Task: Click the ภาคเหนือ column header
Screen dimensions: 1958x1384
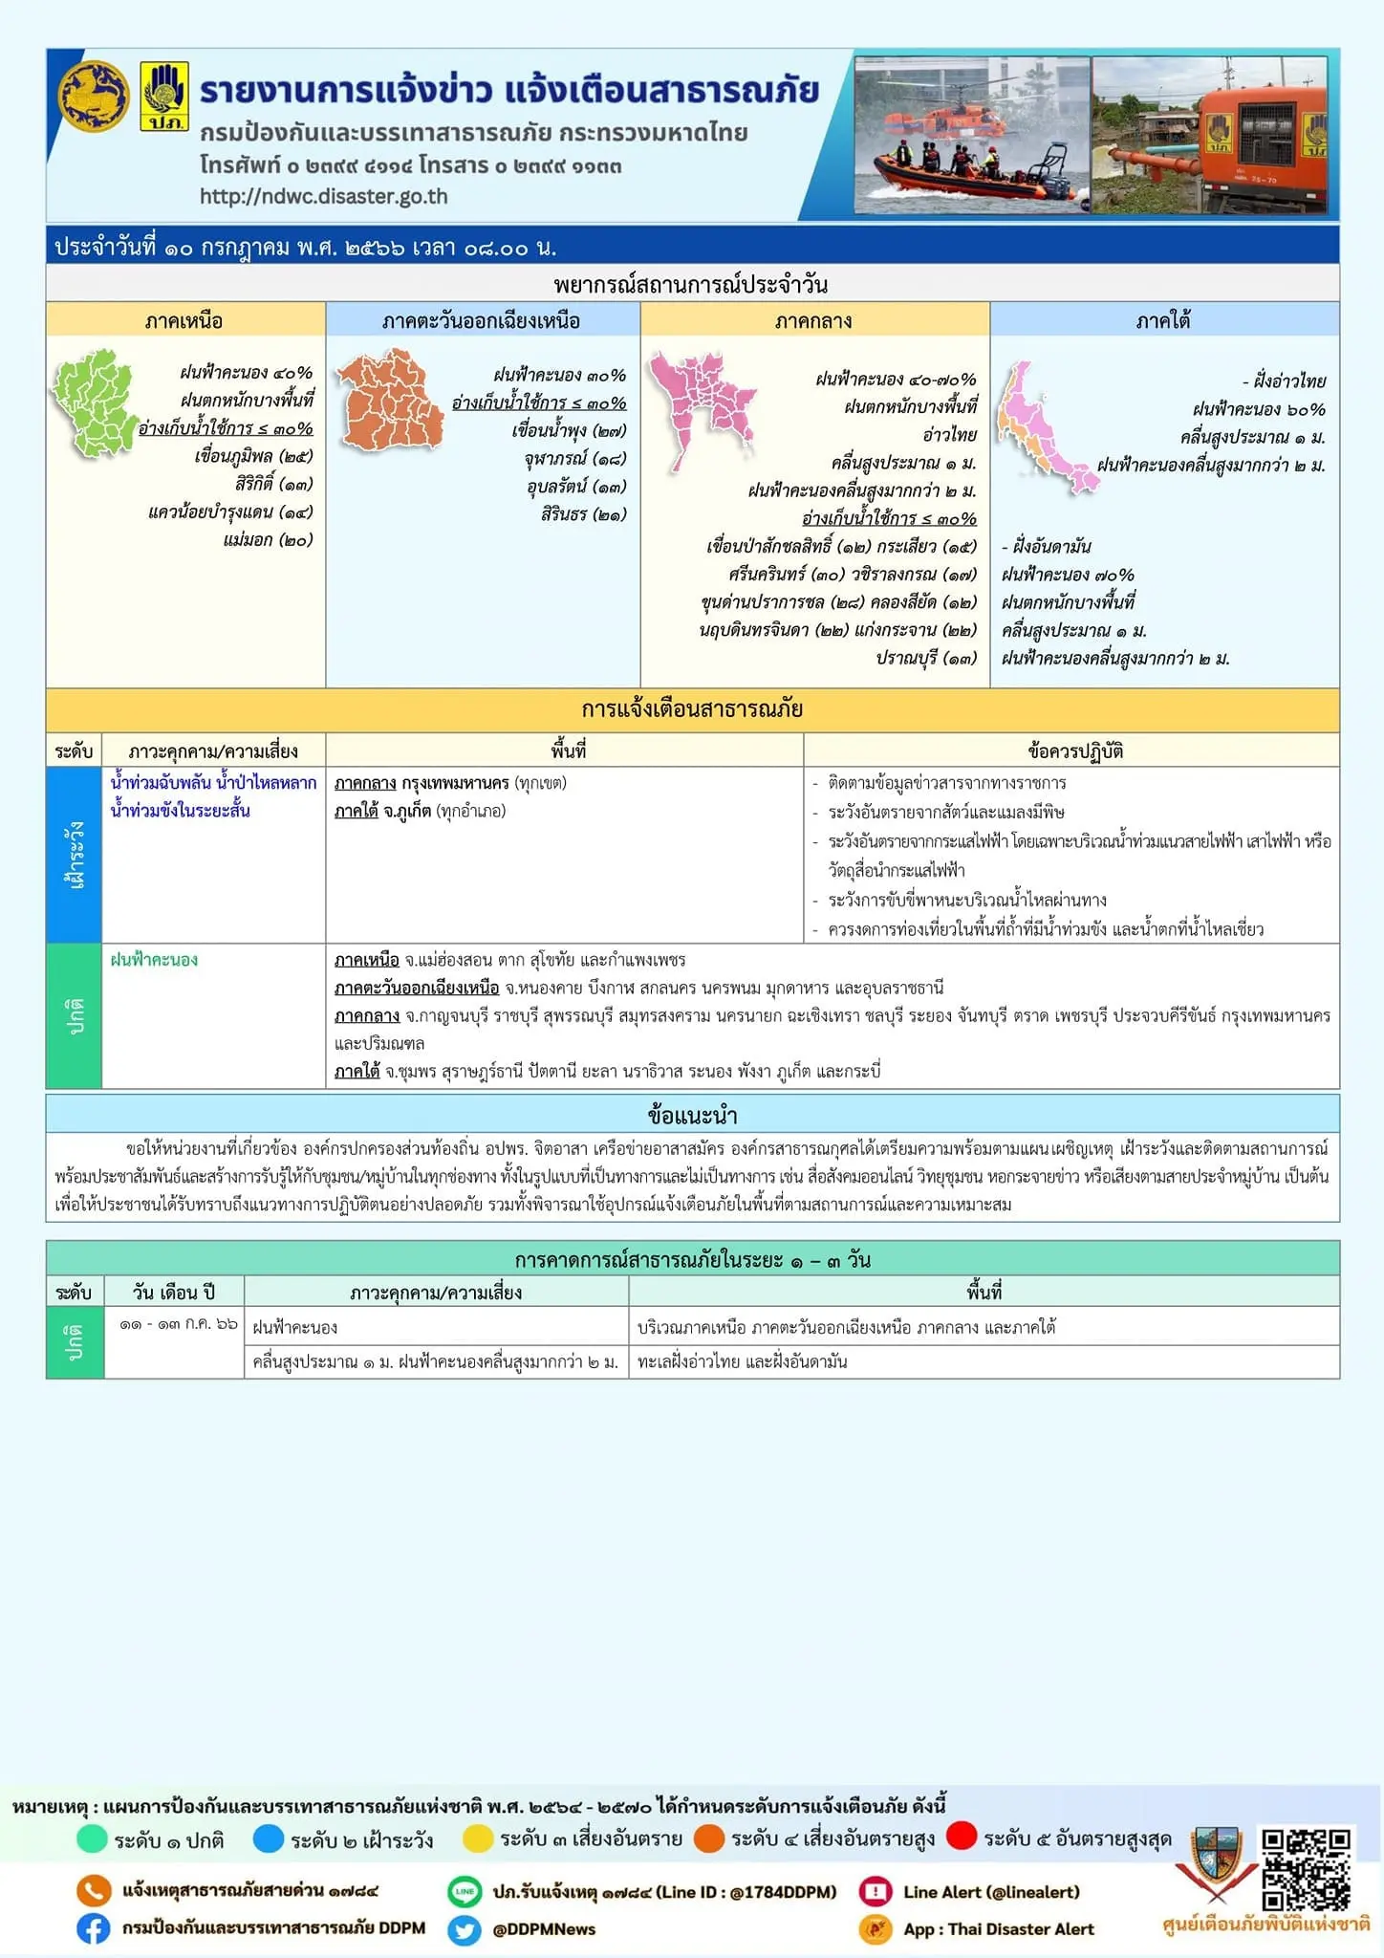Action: [x=184, y=320]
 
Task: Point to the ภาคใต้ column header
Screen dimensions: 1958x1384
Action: [x=1163, y=320]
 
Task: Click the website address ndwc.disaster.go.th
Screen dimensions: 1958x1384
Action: [x=323, y=196]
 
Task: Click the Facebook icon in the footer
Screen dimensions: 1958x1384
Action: [x=93, y=1928]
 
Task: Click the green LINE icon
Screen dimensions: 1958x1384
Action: [x=465, y=1891]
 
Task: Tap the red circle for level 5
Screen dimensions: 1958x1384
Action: [x=962, y=1837]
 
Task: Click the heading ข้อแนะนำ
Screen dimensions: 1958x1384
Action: [x=692, y=1115]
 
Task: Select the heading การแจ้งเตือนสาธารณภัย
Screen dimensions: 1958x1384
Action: [x=692, y=709]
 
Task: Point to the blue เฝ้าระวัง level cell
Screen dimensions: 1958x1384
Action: [x=74, y=854]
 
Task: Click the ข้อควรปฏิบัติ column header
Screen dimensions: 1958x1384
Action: [x=1074, y=751]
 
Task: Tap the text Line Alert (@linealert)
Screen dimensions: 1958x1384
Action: [x=991, y=1892]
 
